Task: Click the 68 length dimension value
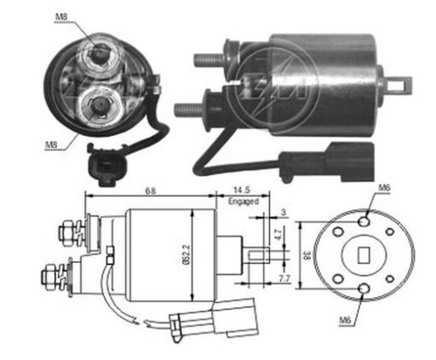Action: tap(151, 191)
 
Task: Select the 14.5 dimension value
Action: tap(242, 190)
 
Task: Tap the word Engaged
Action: tap(243, 201)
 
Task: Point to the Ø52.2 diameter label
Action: tap(186, 254)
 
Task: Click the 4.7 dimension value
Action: tap(278, 235)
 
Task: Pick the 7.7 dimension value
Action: tap(285, 279)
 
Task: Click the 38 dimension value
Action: tap(306, 256)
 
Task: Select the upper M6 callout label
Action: tap(384, 187)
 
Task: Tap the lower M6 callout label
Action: tap(344, 320)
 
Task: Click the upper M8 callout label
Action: tap(61, 17)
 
